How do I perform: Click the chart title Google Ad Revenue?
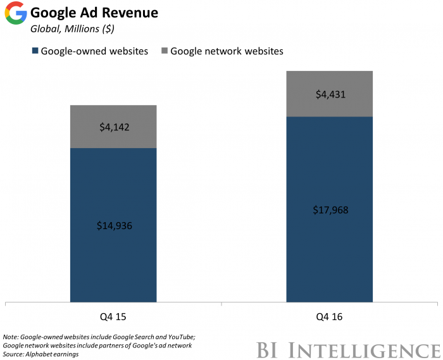click(x=94, y=13)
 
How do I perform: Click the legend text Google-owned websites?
click(x=94, y=51)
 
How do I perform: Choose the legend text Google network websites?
click(x=227, y=51)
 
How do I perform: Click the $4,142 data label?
click(x=113, y=127)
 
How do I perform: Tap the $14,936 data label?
click(x=113, y=226)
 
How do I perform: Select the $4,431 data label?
click(x=330, y=94)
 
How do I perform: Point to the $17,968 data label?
click(x=330, y=209)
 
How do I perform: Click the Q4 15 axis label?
click(x=113, y=316)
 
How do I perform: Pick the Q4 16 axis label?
click(x=330, y=316)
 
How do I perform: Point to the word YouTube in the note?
click(x=178, y=337)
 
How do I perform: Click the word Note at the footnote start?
click(x=11, y=337)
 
